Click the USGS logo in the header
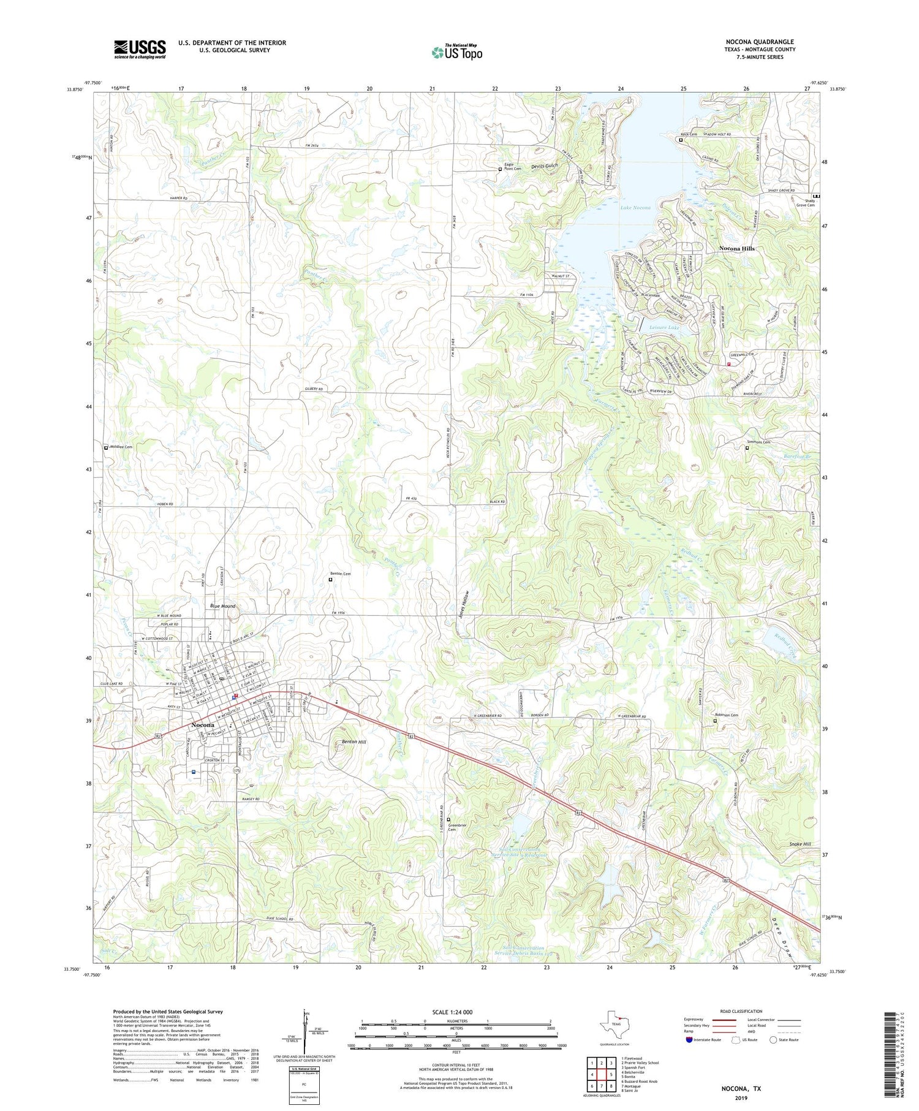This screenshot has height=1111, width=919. pyautogui.click(x=140, y=49)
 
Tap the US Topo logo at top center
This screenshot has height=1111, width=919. pyautogui.click(x=456, y=53)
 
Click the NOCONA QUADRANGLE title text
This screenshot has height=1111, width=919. pyautogui.click(x=759, y=42)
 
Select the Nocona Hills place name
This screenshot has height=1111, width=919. pyautogui.click(x=736, y=249)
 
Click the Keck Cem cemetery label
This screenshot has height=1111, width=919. pyautogui.click(x=689, y=134)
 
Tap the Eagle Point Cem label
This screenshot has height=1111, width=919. pyautogui.click(x=512, y=167)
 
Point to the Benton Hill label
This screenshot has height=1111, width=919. pyautogui.click(x=354, y=741)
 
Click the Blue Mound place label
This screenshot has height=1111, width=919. pyautogui.click(x=223, y=606)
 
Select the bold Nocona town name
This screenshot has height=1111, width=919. pyautogui.click(x=202, y=726)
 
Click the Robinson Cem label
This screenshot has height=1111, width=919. pyautogui.click(x=727, y=715)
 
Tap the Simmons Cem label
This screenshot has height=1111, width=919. pyautogui.click(x=758, y=442)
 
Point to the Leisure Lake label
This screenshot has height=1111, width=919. pyautogui.click(x=664, y=328)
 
